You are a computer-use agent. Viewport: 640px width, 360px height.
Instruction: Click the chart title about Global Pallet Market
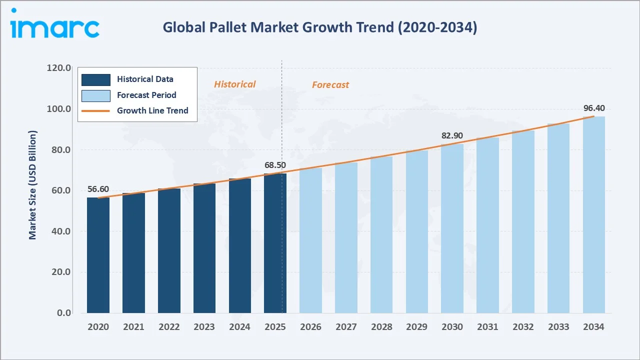320,27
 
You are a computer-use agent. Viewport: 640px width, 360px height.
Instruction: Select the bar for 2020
98,255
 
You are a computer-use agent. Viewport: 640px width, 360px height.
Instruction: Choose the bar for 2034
593,215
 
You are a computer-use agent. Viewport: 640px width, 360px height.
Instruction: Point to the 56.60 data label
98,189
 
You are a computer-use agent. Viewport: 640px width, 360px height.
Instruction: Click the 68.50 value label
275,165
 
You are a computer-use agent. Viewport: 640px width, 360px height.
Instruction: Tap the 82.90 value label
452,135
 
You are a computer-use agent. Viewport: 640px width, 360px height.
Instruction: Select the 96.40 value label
593,108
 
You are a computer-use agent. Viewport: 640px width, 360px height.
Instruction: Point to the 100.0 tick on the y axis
59,108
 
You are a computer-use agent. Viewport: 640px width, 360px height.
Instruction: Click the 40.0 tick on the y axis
59,231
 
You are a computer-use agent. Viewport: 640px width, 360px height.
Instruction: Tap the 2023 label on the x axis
204,327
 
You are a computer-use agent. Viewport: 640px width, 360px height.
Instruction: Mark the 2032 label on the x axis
523,327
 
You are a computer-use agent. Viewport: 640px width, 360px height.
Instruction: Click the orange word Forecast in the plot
330,85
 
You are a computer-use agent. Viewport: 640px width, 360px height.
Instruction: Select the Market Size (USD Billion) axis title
33,185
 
